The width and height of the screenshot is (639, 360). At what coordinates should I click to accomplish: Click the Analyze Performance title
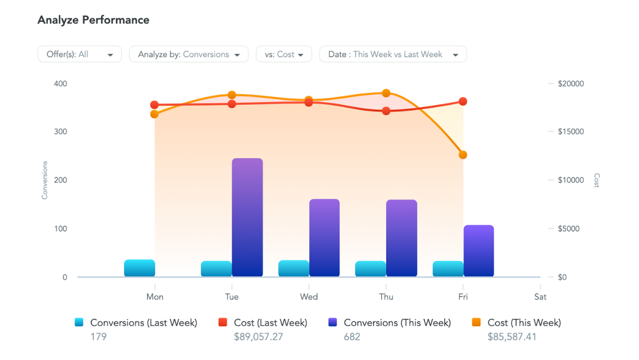93,20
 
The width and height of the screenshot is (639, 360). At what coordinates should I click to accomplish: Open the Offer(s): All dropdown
79,54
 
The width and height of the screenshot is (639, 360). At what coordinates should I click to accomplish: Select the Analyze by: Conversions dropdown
189,54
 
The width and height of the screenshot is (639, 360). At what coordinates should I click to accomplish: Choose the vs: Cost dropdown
284,54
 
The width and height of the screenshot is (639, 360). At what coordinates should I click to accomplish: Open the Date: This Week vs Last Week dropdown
392,54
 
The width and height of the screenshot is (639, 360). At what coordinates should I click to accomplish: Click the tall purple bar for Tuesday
248,217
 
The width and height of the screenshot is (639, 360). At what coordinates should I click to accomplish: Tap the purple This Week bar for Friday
479,251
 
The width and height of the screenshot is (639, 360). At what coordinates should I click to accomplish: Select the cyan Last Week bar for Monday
140,268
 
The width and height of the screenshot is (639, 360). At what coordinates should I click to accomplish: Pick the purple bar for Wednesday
324,238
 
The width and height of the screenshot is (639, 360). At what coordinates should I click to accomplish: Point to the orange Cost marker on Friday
463,155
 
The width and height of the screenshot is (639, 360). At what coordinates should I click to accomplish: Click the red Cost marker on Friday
463,101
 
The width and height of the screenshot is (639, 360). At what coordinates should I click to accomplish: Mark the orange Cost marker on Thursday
386,93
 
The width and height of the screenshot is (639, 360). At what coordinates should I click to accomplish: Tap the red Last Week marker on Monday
154,105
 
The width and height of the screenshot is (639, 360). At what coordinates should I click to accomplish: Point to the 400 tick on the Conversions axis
60,84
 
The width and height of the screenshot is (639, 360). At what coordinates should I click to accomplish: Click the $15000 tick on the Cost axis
570,132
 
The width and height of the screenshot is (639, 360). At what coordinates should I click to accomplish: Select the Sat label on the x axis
540,297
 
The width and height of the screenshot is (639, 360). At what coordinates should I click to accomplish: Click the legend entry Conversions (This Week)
397,323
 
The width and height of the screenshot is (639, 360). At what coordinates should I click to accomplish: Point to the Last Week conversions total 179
99,337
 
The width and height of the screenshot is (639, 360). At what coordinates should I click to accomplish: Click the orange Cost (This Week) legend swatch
477,322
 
